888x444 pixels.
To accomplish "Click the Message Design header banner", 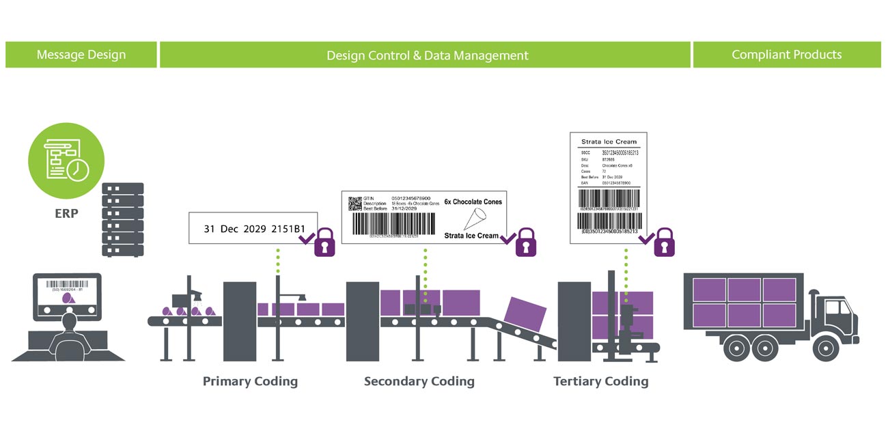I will pyautogui.click(x=81, y=55).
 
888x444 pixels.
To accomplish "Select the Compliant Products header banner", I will pyautogui.click(x=786, y=55).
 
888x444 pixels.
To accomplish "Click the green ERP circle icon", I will pyautogui.click(x=66, y=161).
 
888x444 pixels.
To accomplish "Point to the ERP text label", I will pyautogui.click(x=66, y=213).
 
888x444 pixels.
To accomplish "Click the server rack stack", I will pyautogui.click(x=122, y=219).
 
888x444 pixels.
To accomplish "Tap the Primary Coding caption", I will pyautogui.click(x=250, y=381).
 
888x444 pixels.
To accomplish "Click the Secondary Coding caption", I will pyautogui.click(x=419, y=381).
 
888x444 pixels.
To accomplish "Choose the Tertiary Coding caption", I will pyautogui.click(x=600, y=381).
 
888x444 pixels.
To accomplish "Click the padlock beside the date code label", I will pyautogui.click(x=324, y=242).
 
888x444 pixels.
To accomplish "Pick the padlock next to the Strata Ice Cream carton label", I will pyautogui.click(x=525, y=242).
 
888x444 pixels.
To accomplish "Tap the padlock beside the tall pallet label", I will pyautogui.click(x=663, y=242).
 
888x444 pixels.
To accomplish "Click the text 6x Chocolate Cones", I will pyautogui.click(x=473, y=202).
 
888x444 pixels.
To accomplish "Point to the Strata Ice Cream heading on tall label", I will pyautogui.click(x=608, y=142).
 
